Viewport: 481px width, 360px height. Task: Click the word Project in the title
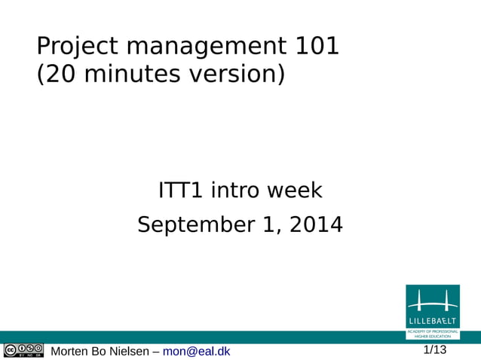point(78,47)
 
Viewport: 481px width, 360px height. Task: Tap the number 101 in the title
point(316,47)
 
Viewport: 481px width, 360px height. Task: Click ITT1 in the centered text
point(181,191)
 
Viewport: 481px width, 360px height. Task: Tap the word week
point(296,191)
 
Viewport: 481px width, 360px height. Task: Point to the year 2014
point(316,224)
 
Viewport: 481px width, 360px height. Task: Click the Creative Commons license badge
point(23,350)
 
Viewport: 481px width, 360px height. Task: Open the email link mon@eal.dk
point(197,351)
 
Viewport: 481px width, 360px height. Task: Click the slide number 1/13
point(434,349)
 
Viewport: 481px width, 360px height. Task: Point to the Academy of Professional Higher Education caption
point(432,334)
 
